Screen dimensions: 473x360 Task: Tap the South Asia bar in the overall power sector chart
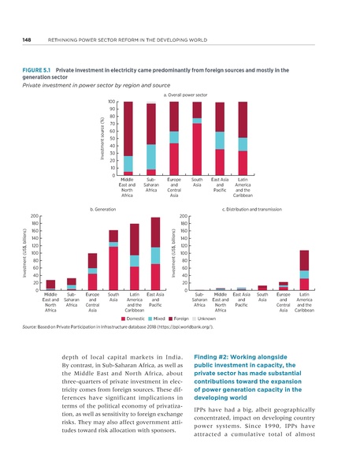[197, 138]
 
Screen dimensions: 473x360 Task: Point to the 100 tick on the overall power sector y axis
[113, 102]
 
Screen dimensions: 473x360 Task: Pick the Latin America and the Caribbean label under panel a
[243, 190]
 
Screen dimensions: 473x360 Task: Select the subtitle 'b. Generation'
[102, 209]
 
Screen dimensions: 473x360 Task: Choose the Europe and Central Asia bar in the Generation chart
[92, 272]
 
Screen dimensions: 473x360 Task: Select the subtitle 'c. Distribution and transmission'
[251, 209]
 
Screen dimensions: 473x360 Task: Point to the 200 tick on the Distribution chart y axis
[184, 215]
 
